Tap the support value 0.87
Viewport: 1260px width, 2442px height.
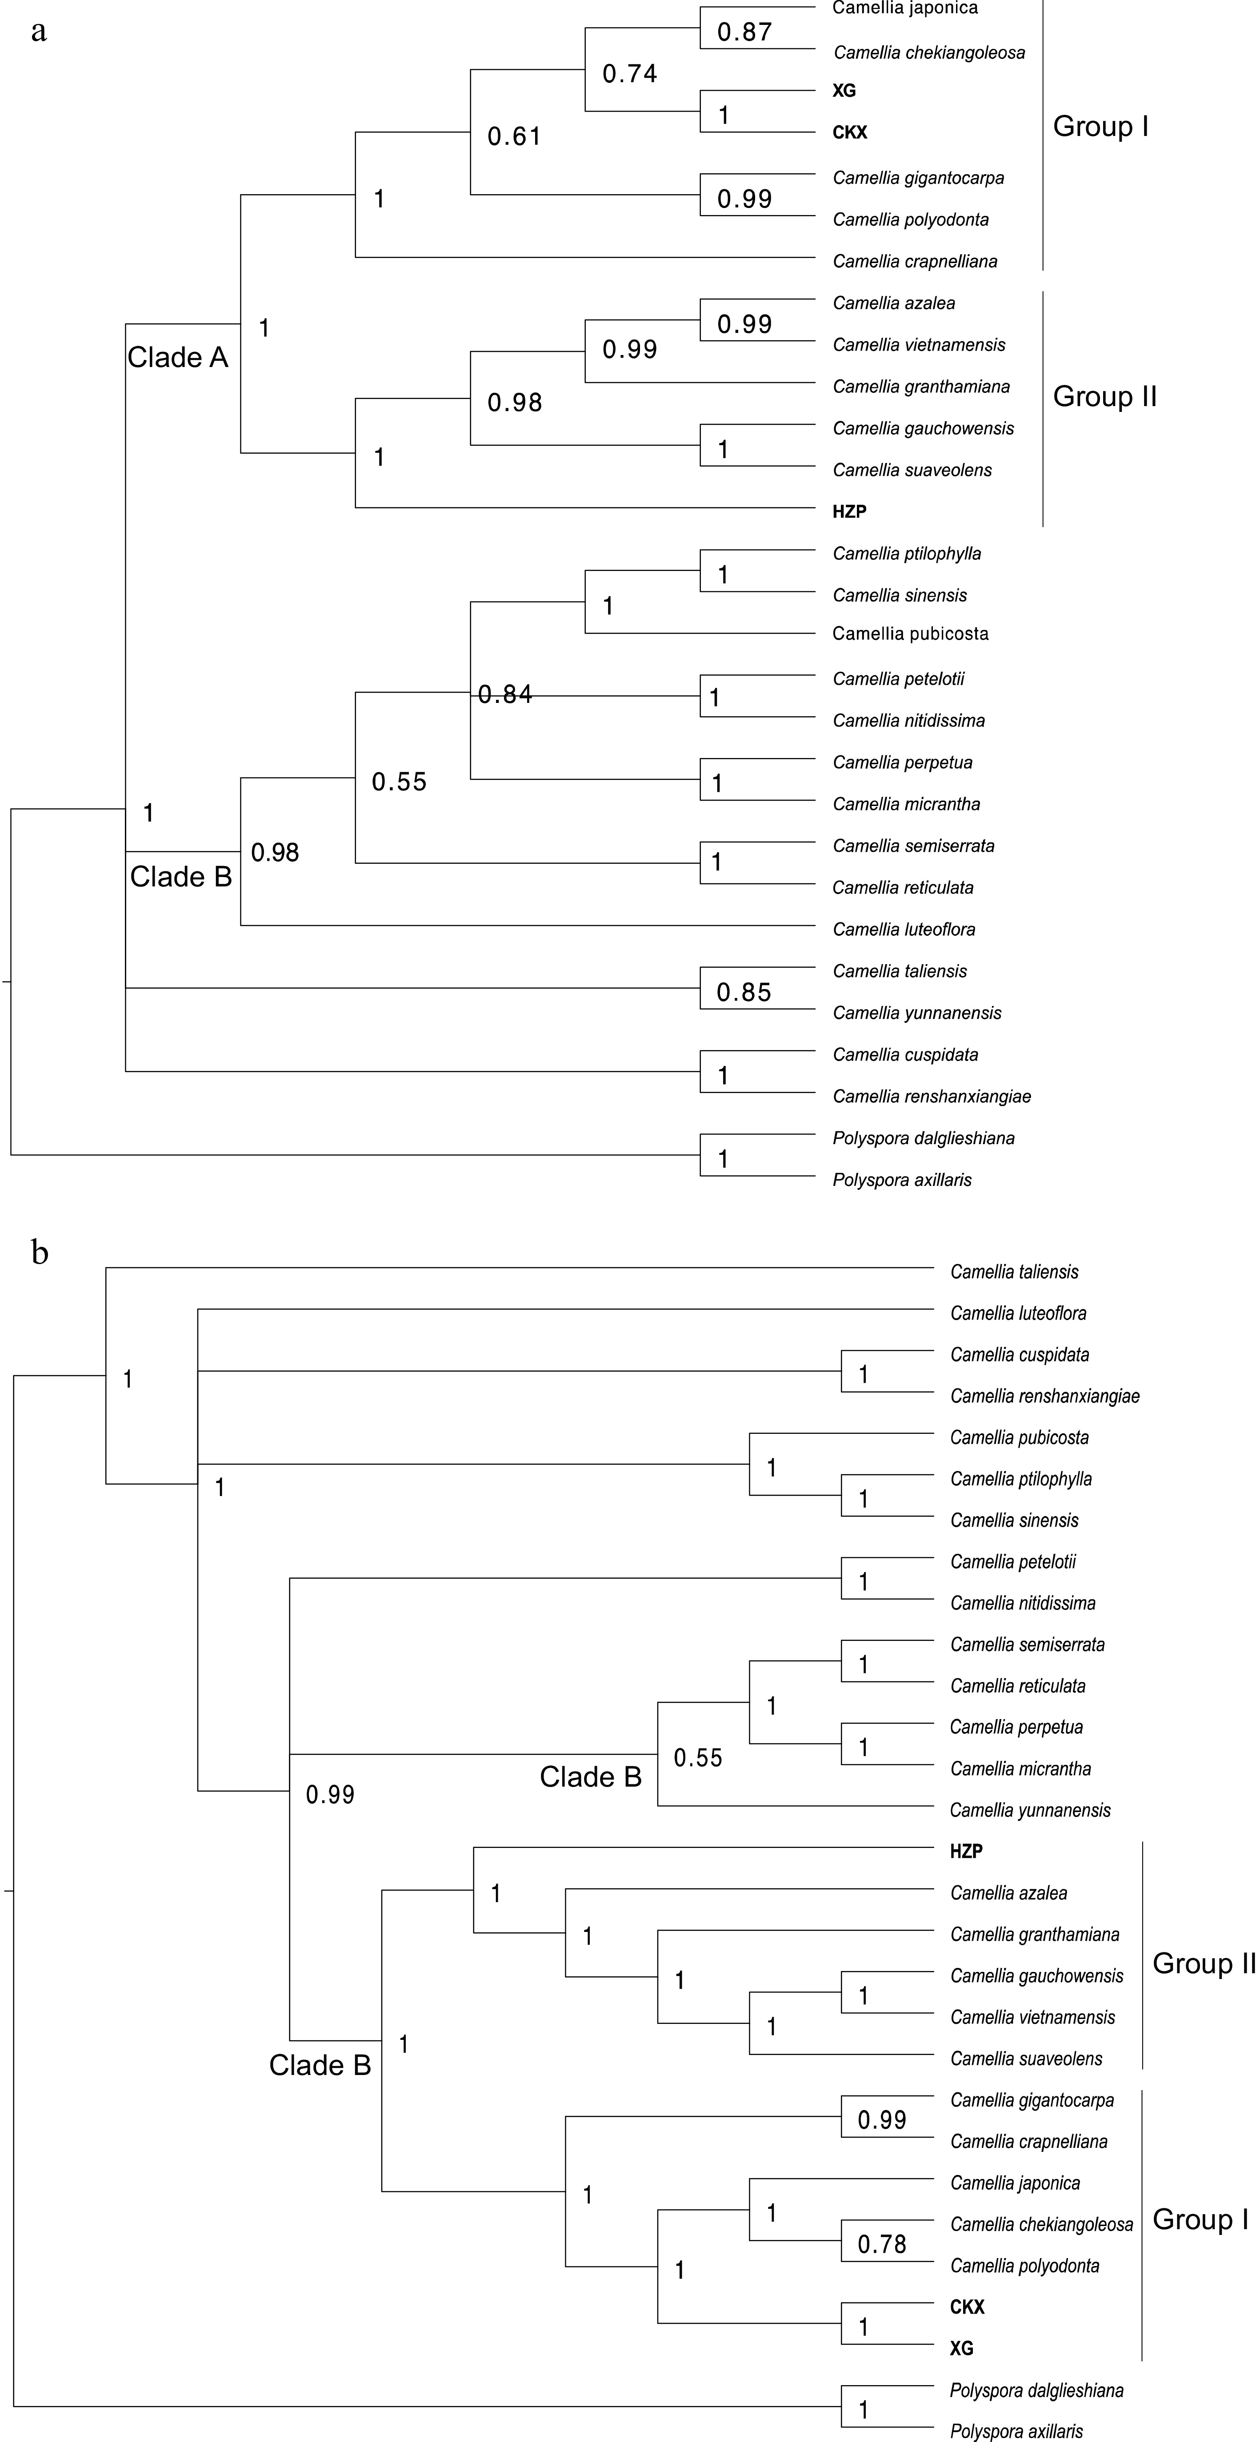(744, 32)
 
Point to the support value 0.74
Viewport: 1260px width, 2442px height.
(629, 74)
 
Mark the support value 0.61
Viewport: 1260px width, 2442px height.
(514, 136)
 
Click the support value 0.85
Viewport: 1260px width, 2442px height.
(743, 993)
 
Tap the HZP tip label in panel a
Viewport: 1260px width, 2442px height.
(849, 512)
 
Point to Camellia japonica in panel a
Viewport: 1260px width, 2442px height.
(904, 8)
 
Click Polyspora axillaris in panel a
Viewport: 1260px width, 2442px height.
(902, 1180)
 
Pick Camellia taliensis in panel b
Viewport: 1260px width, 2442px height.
(1015, 1272)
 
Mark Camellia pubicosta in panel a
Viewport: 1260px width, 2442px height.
(910, 634)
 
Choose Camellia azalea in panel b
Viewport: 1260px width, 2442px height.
(1009, 1893)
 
